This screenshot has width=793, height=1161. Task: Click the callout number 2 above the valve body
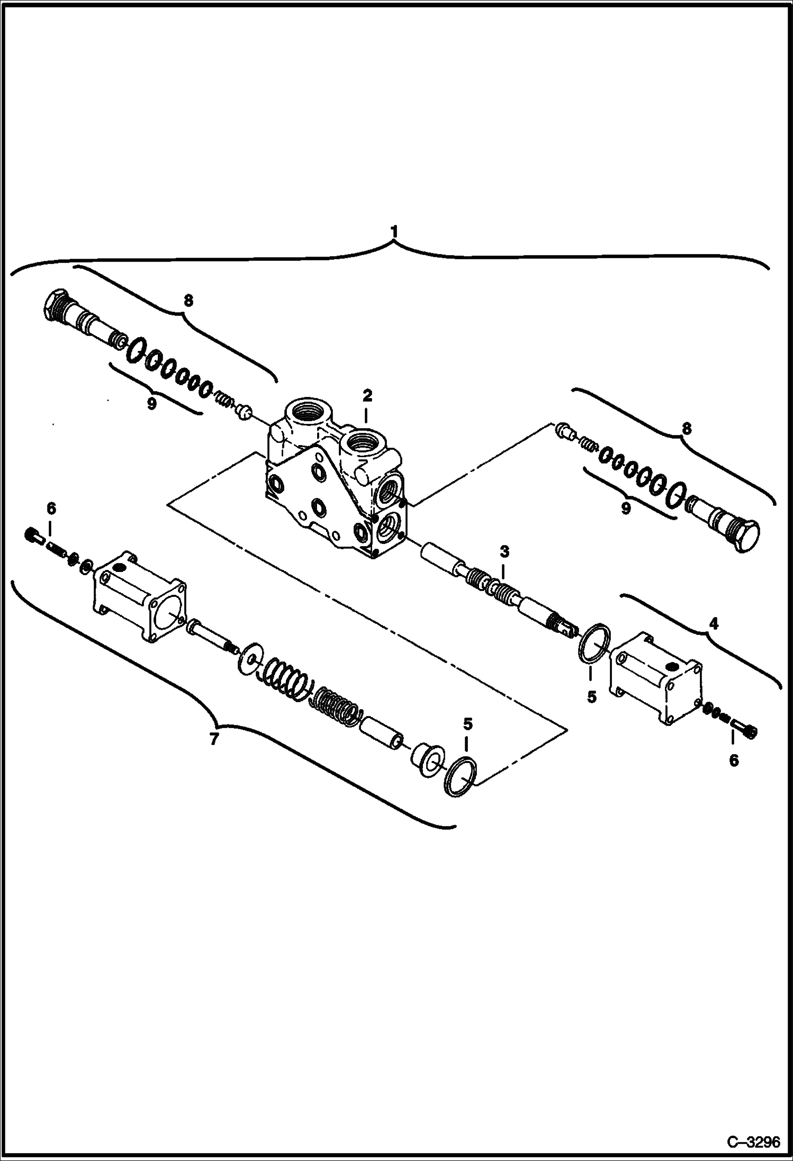(x=367, y=395)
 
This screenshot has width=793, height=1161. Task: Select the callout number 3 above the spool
(x=504, y=552)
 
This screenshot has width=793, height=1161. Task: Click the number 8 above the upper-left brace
(x=188, y=301)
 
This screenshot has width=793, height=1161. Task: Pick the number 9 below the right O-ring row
(x=626, y=509)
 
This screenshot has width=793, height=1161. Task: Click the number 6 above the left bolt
(x=50, y=509)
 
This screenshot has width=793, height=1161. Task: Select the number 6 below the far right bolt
(x=733, y=760)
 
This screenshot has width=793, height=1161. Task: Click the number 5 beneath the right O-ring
(x=591, y=697)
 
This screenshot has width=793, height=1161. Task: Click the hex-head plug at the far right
(x=744, y=537)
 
